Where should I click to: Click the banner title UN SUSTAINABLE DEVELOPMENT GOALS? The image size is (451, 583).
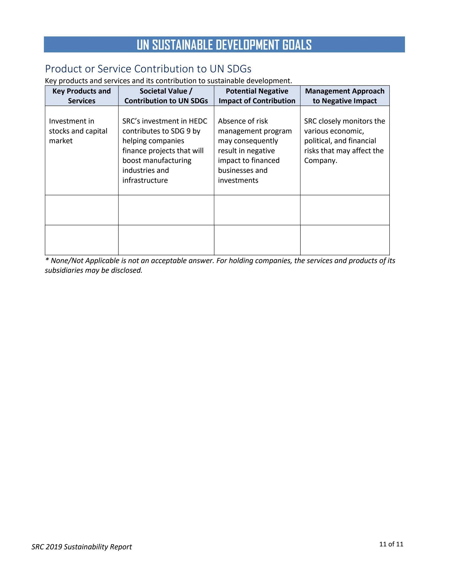pos(224,45)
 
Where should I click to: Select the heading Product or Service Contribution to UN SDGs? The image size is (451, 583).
pos(148,69)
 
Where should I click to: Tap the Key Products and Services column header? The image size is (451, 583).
pos(82,96)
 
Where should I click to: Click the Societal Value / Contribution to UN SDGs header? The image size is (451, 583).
pos(166,96)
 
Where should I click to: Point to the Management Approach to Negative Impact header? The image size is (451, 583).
pos(345,96)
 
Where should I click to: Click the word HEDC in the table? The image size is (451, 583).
pos(198,121)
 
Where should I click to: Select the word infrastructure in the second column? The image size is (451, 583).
pos(145,180)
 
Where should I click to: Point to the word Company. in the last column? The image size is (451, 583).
pos(321,161)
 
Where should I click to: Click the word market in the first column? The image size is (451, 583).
pos(61,141)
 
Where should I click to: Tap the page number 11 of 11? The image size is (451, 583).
pos(391,544)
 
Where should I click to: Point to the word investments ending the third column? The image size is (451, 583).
pos(238,180)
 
